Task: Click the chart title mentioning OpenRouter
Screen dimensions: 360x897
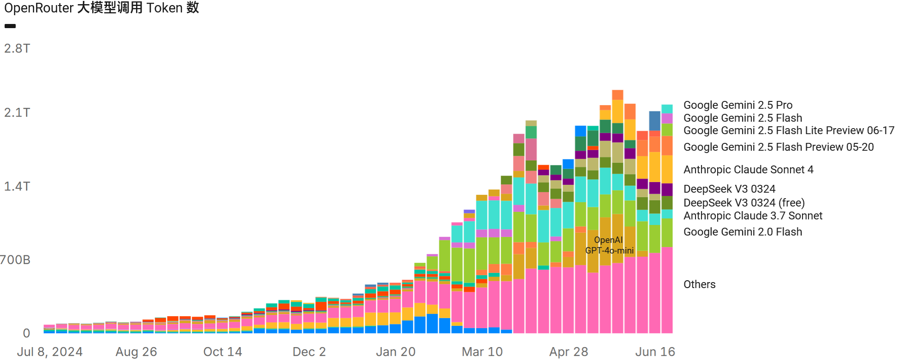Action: [101, 8]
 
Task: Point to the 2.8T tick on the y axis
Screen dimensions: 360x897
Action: [17, 48]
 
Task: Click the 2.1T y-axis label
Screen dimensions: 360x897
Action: [17, 112]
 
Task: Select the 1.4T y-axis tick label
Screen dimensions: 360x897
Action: [17, 186]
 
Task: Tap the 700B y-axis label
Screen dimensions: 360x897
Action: [15, 260]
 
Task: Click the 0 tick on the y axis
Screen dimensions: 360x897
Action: [26, 333]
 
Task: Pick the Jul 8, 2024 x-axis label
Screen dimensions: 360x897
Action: [50, 352]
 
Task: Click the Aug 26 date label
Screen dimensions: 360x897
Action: [136, 352]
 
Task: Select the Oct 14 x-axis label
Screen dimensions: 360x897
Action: [223, 352]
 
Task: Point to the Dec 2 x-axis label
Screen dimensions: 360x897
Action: [309, 352]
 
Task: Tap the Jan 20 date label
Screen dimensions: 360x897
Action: [396, 352]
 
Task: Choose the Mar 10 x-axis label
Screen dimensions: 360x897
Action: [482, 352]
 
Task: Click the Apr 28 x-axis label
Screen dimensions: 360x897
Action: [569, 352]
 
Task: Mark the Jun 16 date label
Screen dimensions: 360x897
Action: [655, 352]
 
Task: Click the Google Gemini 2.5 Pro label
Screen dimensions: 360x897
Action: [738, 105]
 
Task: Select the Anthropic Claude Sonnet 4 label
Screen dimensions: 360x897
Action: [748, 170]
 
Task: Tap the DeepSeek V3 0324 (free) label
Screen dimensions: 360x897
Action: [744, 203]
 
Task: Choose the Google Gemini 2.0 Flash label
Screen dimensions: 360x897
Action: [743, 232]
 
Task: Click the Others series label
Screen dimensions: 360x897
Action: [699, 284]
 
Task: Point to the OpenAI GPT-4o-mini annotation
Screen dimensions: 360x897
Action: [609, 245]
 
